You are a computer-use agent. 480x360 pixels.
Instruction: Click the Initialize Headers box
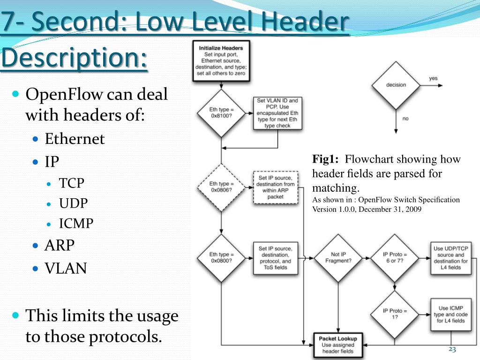click(221, 60)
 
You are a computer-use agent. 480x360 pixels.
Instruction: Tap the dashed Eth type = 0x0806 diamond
click(221, 187)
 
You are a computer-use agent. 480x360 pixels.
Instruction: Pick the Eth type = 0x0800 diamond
click(221, 258)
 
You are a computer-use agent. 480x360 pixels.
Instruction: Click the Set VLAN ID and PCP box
click(277, 113)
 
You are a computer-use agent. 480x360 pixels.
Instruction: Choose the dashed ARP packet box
click(275, 187)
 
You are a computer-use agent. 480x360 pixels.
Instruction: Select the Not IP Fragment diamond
click(337, 258)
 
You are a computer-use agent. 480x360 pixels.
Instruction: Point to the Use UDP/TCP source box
click(450, 258)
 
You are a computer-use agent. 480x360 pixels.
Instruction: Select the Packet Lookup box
click(337, 345)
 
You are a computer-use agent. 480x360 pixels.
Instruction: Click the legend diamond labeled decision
click(396, 85)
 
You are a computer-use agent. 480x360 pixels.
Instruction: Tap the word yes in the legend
click(434, 78)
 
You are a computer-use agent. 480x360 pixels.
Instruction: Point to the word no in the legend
click(405, 119)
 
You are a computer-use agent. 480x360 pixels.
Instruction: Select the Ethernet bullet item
click(75, 139)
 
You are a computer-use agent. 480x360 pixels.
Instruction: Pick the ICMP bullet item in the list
click(76, 223)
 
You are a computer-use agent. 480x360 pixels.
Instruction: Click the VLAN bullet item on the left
click(66, 268)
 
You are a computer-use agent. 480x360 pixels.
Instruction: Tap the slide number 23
click(452, 349)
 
